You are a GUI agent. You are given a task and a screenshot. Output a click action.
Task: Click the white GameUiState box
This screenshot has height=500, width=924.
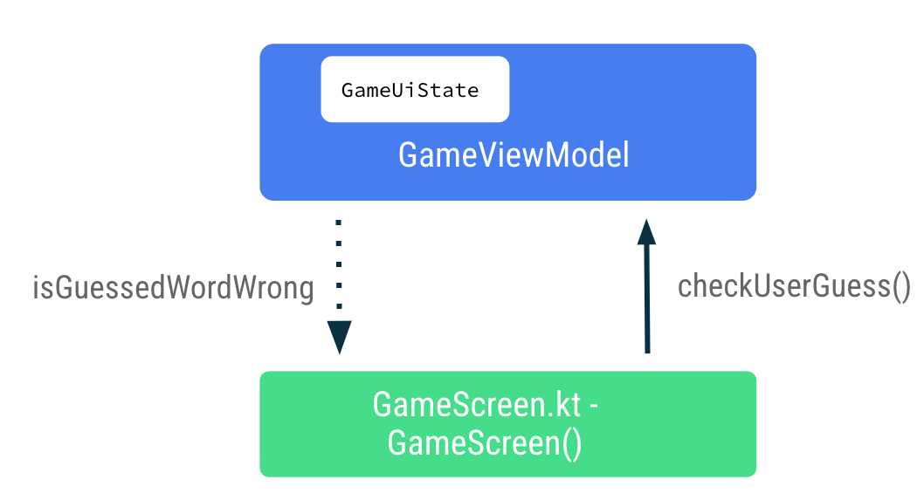[415, 89]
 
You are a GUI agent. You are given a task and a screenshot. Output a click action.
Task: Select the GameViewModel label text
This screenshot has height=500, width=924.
[514, 156]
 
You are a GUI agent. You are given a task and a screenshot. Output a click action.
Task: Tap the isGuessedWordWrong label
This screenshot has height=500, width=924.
[173, 288]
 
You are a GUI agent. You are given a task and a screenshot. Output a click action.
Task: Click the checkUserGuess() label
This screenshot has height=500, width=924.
[794, 286]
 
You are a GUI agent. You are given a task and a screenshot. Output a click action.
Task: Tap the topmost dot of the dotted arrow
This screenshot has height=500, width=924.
[339, 223]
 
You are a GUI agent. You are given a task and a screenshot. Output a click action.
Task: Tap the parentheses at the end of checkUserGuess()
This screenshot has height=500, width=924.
[899, 286]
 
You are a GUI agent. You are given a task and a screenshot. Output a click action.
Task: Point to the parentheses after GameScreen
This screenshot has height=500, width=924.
[571, 443]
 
